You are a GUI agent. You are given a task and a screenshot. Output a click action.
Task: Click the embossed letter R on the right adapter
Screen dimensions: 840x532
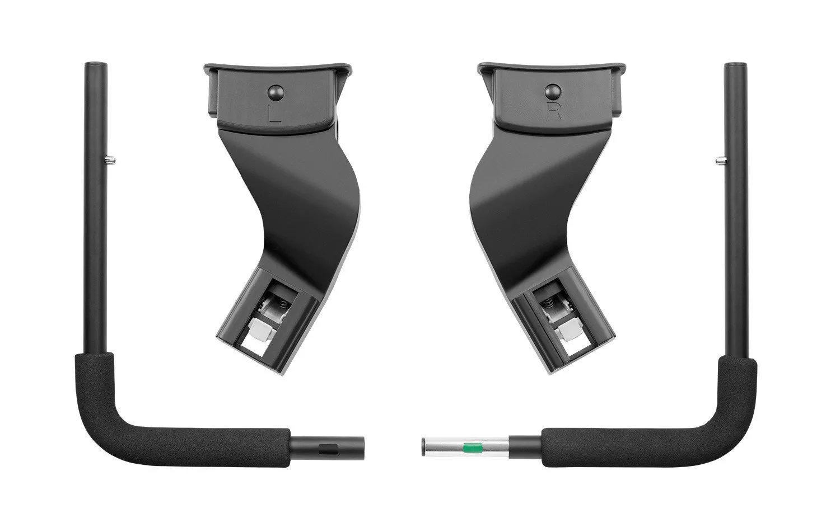coord(554,111)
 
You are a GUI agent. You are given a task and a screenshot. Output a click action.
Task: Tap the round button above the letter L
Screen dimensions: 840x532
coord(277,92)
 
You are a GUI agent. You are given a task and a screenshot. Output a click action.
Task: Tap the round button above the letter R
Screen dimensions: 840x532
coord(553,91)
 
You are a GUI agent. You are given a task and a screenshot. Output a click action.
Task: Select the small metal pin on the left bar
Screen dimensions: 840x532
coord(110,161)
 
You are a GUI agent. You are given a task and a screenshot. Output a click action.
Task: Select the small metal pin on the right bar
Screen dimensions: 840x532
coord(721,160)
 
